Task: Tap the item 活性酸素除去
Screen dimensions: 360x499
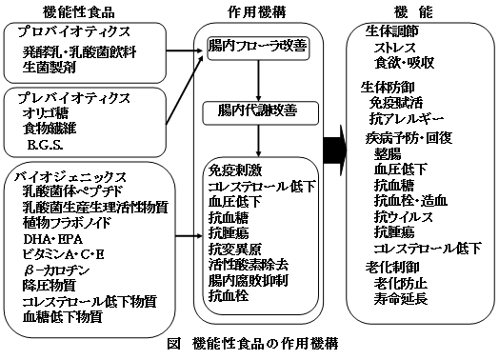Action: coord(246,265)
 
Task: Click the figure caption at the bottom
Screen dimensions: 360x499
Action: coord(250,343)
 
